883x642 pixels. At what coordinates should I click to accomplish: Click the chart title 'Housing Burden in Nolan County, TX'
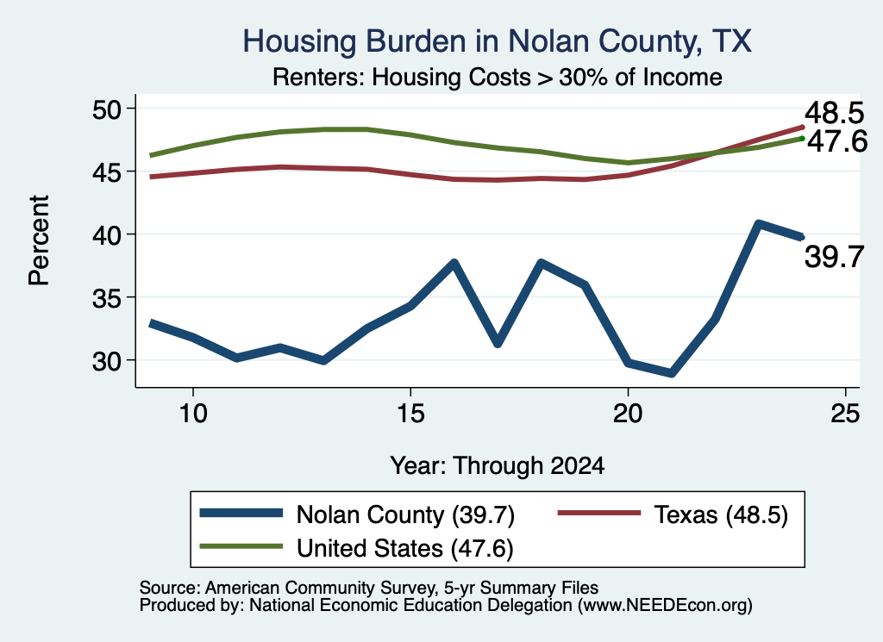point(497,41)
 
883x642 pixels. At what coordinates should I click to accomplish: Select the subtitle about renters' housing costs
point(498,77)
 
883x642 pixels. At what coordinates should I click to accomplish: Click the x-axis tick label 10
point(193,414)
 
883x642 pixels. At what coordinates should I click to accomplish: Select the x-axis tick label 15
point(410,414)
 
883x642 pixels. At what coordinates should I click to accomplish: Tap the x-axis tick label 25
point(845,414)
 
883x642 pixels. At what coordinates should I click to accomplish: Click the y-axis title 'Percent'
point(39,240)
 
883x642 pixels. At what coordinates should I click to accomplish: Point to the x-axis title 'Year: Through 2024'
point(498,466)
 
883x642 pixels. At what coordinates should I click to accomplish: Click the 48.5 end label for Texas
point(834,113)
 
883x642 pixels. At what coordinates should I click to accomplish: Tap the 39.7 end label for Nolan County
point(834,257)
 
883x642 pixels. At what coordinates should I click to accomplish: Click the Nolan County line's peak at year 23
point(759,224)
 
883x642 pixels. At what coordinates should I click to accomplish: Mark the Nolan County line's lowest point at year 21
point(671,373)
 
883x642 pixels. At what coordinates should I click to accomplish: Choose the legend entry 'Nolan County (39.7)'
point(358,514)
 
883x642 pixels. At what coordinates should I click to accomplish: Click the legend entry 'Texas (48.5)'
point(673,514)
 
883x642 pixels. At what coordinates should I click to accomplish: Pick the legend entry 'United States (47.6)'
point(356,548)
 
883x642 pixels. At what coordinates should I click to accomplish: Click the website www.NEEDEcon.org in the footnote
point(664,605)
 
